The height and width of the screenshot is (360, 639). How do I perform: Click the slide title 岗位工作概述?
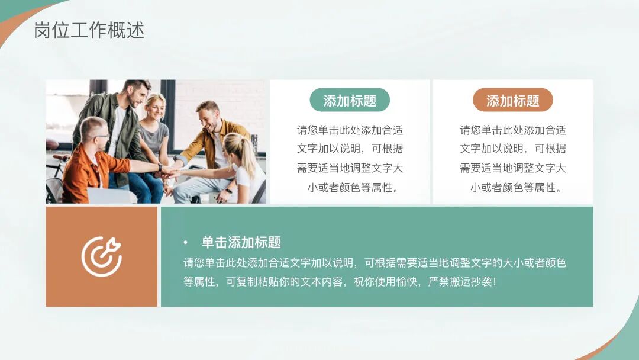pyautogui.click(x=89, y=30)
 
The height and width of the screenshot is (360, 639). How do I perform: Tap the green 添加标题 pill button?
pyautogui.click(x=350, y=101)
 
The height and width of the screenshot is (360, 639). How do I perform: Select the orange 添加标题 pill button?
pyautogui.click(x=512, y=101)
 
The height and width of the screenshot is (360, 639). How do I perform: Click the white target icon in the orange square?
pyautogui.click(x=101, y=256)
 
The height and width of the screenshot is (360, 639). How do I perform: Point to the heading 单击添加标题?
pyautogui.click(x=241, y=242)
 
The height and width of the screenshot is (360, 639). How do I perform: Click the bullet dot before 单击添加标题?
pyautogui.click(x=186, y=243)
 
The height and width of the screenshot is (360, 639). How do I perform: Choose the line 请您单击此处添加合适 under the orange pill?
pyautogui.click(x=512, y=130)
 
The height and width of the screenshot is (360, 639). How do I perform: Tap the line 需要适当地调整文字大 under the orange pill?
pyautogui.click(x=512, y=168)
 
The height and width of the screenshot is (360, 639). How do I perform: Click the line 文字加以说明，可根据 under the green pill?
pyautogui.click(x=350, y=149)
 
